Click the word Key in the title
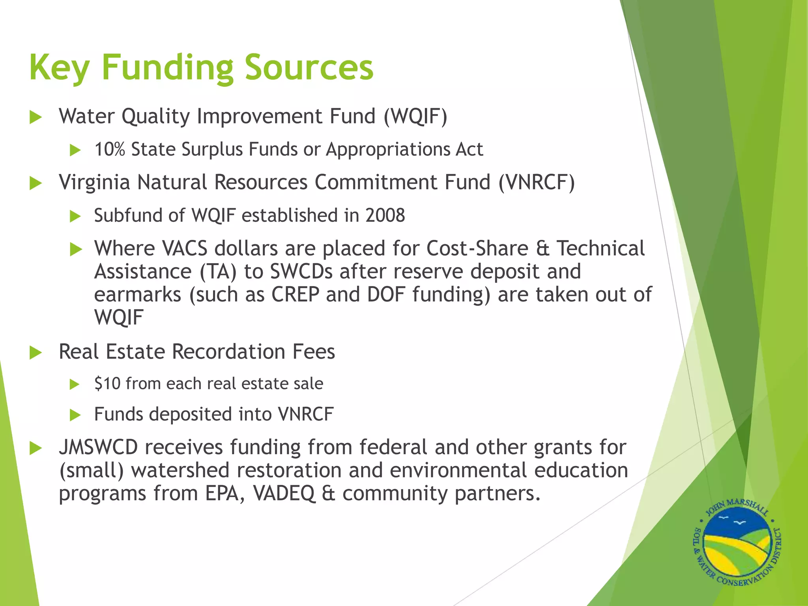59,68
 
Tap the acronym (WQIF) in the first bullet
415,116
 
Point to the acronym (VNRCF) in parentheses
537,183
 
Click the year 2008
385,215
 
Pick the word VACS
184,249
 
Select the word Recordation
228,352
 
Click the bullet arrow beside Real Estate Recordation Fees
36,352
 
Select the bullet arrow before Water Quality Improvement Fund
36,117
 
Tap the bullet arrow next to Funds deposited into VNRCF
75,415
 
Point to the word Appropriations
387,150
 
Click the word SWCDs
301,271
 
